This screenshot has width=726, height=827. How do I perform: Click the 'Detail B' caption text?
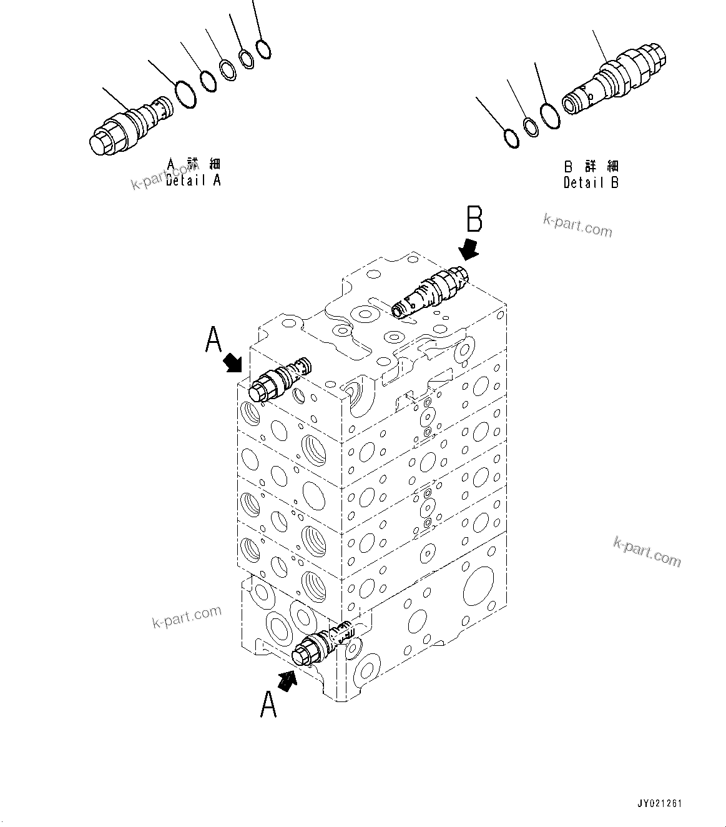point(591,182)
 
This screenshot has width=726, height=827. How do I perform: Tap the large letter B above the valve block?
point(474,222)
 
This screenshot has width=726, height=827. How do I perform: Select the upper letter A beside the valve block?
point(213,342)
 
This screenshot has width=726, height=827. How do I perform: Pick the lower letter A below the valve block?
point(268,704)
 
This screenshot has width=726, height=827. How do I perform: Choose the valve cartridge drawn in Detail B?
point(616,79)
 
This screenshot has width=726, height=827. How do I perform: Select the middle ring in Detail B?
point(531,127)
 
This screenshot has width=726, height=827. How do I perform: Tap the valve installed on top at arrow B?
point(430,291)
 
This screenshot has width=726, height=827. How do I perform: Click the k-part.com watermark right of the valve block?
point(647,552)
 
